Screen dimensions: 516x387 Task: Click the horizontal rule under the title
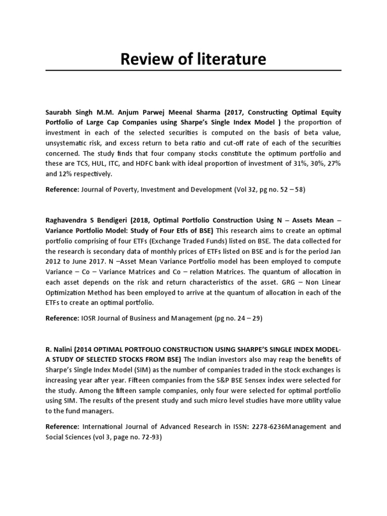pyautogui.click(x=193, y=70)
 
